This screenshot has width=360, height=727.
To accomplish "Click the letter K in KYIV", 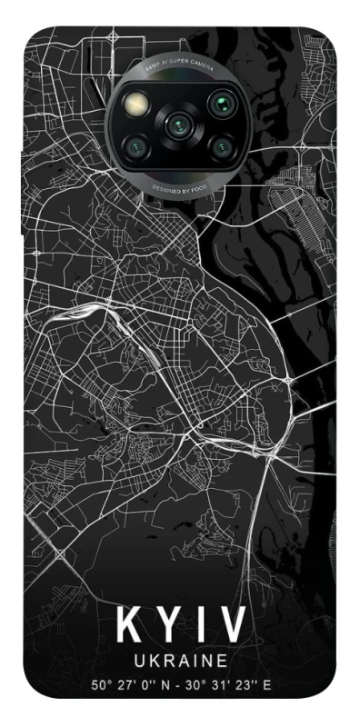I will [128, 625].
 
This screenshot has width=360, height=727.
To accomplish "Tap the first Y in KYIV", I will [168, 625].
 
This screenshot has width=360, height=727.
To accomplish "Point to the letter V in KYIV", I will [232, 625].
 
